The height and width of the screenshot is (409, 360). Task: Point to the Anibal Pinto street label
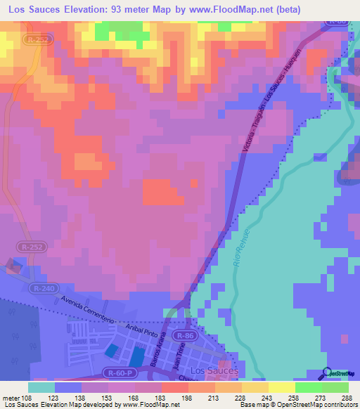[x=143, y=330]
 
